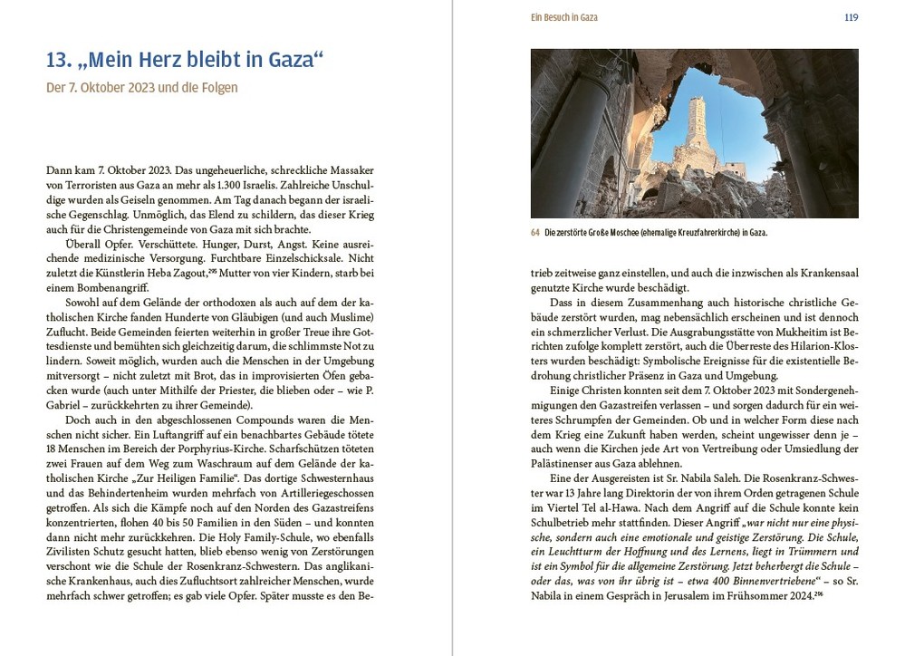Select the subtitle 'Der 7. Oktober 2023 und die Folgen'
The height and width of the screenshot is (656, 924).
point(141,88)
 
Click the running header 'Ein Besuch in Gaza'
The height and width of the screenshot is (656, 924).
point(563,17)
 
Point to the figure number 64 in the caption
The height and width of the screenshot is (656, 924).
point(534,233)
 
